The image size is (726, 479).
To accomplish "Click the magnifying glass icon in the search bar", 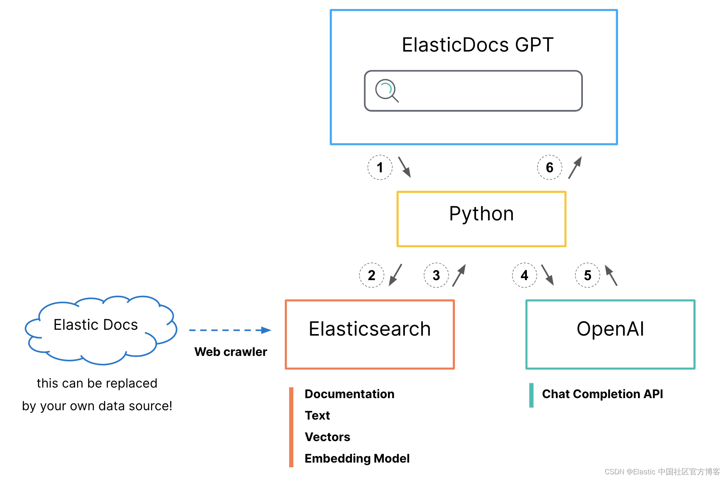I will (386, 91).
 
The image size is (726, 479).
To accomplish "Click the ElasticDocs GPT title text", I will (477, 45).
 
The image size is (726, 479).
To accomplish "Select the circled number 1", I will (380, 168).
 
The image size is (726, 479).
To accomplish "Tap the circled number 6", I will (550, 168).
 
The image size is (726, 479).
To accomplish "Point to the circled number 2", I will (372, 275).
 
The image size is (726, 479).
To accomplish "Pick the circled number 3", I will (436, 275).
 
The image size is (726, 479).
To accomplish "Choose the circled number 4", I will (525, 275).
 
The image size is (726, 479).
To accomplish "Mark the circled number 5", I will (588, 275).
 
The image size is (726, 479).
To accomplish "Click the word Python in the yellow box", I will (481, 214).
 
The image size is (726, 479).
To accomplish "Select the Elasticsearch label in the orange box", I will (370, 329).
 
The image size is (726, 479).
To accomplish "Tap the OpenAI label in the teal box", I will (610, 329).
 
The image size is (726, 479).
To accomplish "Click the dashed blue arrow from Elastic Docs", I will (230, 330).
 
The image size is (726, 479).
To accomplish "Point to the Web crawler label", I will (231, 352).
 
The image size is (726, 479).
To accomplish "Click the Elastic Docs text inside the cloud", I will (96, 325).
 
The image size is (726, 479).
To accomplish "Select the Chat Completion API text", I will (602, 394).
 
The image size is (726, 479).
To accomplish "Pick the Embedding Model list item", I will (357, 458).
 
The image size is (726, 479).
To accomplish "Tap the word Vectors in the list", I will (327, 437).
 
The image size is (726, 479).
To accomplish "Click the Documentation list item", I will (349, 394).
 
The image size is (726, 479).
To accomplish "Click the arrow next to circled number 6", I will (575, 168).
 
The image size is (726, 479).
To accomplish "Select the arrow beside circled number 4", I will (548, 275).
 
